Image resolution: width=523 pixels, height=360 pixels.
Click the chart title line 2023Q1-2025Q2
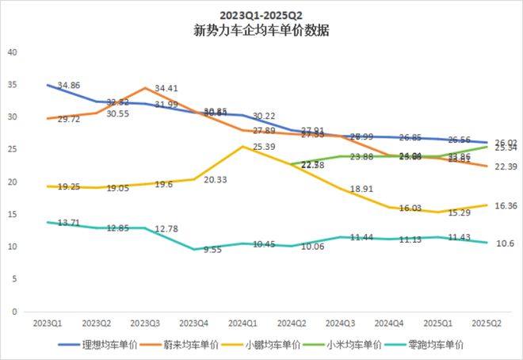tap(261, 15)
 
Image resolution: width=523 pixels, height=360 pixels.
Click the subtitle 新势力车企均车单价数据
tap(261, 32)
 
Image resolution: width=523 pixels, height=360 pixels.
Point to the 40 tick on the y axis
tap(11, 52)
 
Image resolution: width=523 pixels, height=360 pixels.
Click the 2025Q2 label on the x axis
tap(487, 324)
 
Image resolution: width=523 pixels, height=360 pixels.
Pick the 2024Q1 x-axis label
tap(242, 324)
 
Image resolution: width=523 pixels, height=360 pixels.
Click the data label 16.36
tap(505, 205)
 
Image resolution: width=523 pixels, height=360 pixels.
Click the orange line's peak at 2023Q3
tap(146, 88)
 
